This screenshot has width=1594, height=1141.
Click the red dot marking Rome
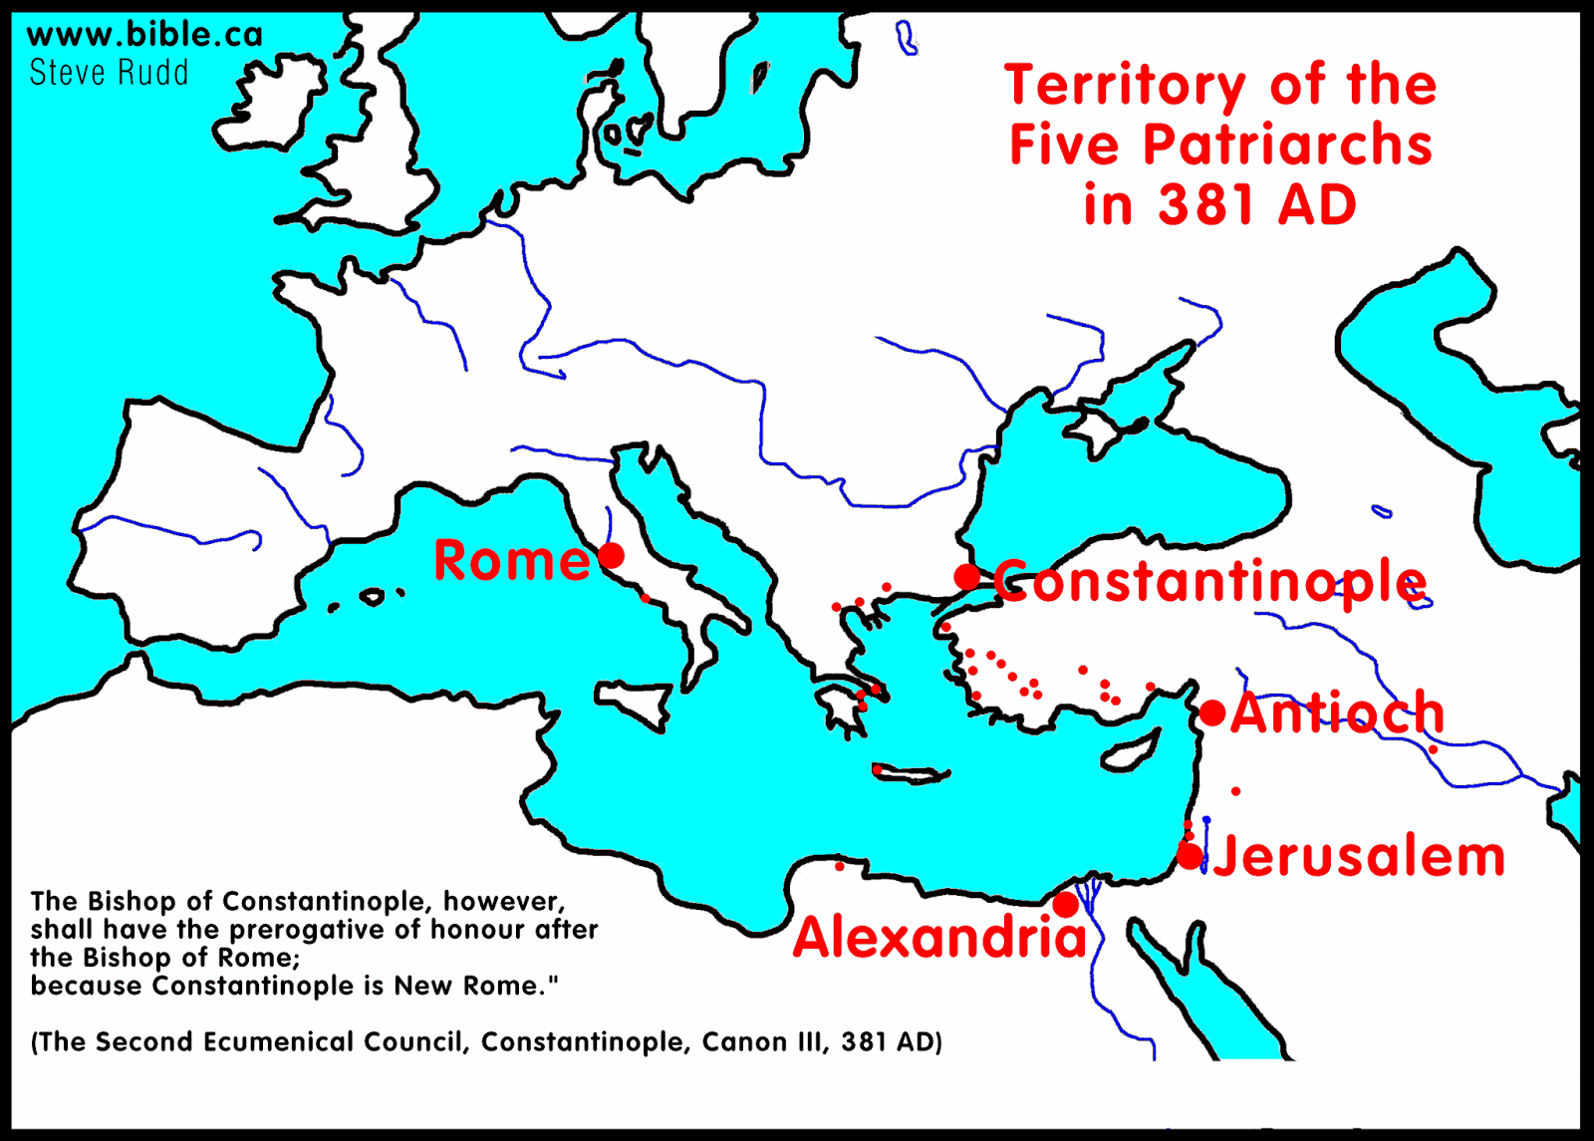[612, 556]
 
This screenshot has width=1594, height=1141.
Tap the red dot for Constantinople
[966, 576]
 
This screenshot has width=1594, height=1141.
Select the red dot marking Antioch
[1212, 713]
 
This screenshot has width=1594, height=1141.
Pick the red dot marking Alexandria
[1066, 905]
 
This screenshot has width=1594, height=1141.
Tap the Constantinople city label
[1210, 582]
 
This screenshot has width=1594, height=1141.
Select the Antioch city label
[1338, 713]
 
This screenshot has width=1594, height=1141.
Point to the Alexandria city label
[939, 938]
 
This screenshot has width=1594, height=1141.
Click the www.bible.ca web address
[144, 35]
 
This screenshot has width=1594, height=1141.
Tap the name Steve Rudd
[109, 73]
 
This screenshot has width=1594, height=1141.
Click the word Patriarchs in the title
[1287, 145]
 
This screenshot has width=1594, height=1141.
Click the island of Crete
[911, 774]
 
